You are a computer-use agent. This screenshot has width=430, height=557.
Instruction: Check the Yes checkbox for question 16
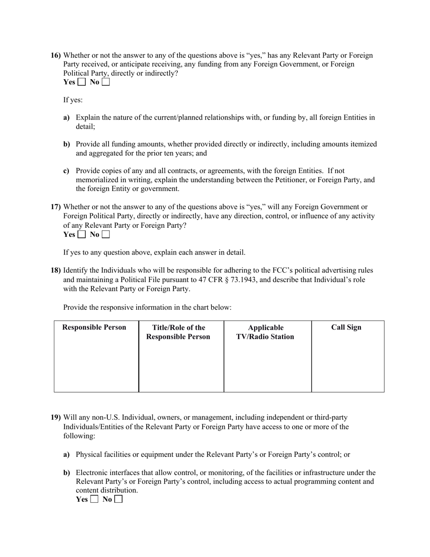81,82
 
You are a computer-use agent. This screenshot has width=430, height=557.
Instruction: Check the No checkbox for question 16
105,82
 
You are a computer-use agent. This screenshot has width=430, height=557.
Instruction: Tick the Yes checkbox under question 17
81,235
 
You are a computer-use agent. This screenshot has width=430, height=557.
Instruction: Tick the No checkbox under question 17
105,235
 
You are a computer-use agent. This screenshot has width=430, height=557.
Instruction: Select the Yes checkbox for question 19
94,499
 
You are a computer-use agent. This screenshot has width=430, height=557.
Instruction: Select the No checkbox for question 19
118,499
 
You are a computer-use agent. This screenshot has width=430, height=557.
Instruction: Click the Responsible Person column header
94,327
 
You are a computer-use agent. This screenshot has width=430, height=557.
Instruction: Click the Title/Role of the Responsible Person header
178,332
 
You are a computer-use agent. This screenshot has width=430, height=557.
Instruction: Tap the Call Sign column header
346,327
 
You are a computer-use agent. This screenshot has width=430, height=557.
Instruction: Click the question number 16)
55,55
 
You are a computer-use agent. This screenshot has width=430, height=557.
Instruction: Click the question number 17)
55,207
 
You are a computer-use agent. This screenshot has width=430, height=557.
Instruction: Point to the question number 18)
55,270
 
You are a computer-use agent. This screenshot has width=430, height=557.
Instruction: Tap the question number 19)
55,418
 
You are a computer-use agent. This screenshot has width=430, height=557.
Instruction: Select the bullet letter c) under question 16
66,171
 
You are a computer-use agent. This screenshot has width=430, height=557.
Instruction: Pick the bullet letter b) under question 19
67,473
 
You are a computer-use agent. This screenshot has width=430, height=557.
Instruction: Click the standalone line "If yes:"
73,100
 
